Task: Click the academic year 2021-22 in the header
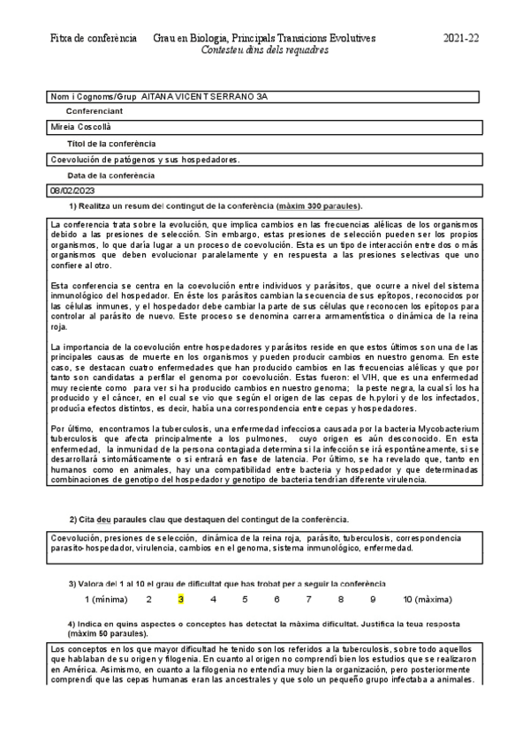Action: [460, 39]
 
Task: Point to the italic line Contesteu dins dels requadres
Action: [264, 51]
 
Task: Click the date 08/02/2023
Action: [73, 191]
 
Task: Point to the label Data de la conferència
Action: [110, 175]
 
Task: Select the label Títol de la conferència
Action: [111, 143]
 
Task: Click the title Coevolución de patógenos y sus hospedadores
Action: [146, 159]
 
